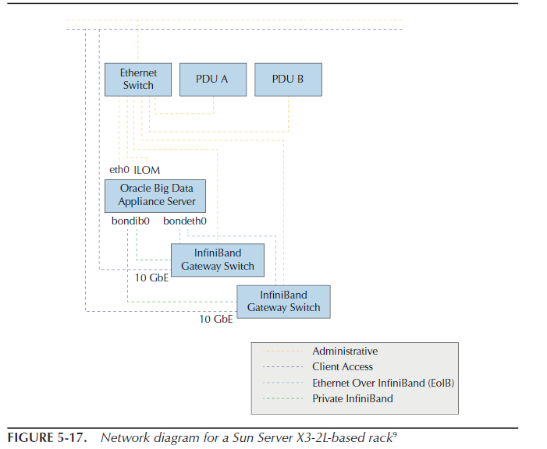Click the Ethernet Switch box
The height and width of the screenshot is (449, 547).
(x=138, y=80)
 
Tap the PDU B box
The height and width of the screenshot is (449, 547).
(x=288, y=80)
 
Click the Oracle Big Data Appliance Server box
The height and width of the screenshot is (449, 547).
(x=157, y=195)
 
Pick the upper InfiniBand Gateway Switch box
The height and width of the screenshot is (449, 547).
(x=218, y=260)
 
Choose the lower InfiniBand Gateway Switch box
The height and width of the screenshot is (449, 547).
(x=283, y=302)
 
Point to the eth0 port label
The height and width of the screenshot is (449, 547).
(x=119, y=169)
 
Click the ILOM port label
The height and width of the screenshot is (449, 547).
(x=147, y=169)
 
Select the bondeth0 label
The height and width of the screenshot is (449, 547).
(x=185, y=221)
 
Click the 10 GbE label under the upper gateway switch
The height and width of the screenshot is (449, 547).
(x=152, y=278)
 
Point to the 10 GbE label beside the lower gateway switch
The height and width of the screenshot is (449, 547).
(x=216, y=320)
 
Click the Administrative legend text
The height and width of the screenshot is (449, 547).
(x=345, y=352)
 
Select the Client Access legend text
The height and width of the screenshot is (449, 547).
(x=343, y=367)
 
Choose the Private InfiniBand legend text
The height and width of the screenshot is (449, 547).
(x=353, y=398)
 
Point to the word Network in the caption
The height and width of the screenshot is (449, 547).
(x=122, y=437)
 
